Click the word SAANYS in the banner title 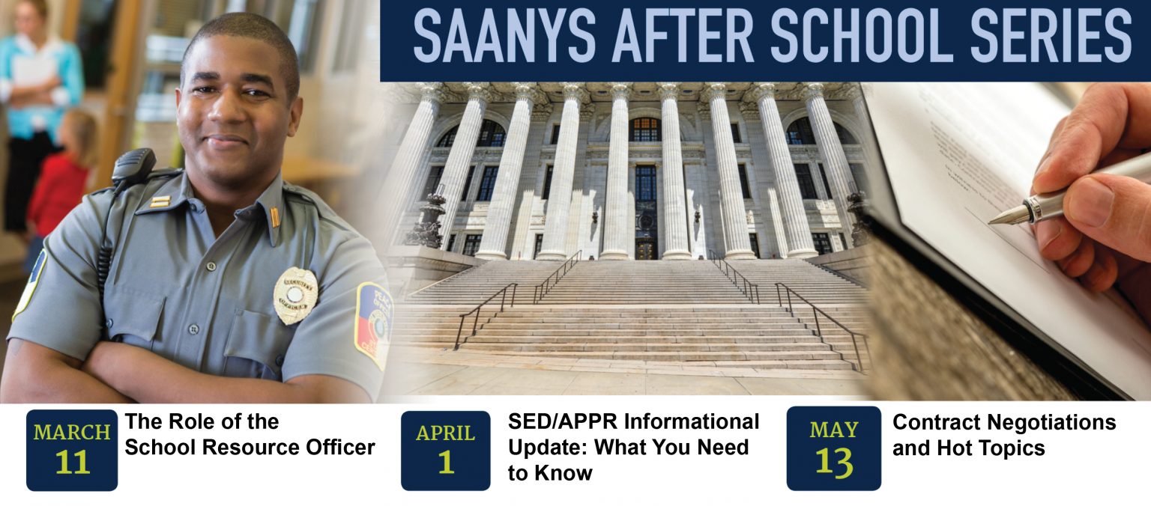(505, 37)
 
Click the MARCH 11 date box (72, 450)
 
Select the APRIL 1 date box (446, 451)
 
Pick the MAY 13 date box (833, 448)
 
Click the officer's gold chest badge (294, 296)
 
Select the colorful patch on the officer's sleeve (374, 324)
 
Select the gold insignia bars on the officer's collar (160, 201)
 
